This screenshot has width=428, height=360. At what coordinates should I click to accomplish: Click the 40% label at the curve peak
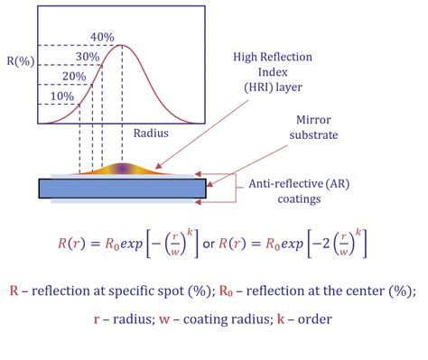[102, 37]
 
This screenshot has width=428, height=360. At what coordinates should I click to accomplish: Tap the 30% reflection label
[88, 55]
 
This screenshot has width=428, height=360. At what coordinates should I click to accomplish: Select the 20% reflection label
[74, 77]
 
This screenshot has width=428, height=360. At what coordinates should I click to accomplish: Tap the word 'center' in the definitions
[366, 291]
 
